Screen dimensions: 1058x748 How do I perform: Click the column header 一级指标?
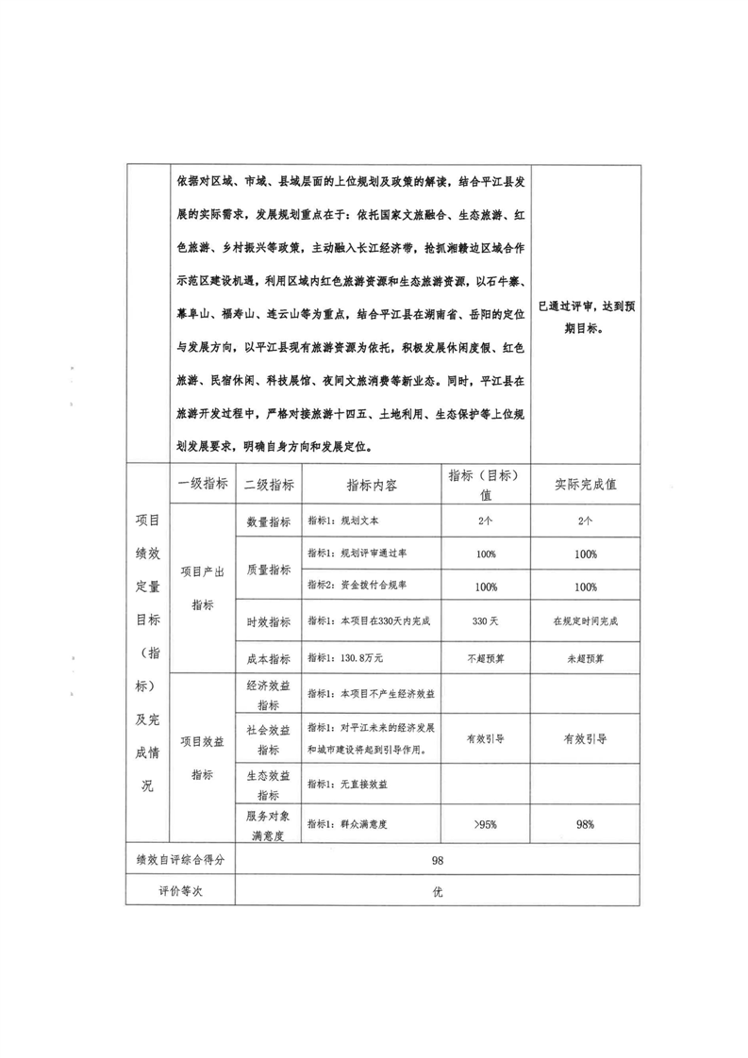[x=202, y=485]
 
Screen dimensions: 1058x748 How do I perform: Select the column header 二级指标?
[x=269, y=485]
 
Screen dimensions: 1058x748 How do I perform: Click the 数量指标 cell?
[x=269, y=521]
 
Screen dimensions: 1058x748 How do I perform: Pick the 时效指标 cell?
[x=269, y=622]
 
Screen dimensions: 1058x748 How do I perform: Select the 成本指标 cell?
[x=269, y=659]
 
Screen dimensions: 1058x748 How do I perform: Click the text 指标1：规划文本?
[x=344, y=521]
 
